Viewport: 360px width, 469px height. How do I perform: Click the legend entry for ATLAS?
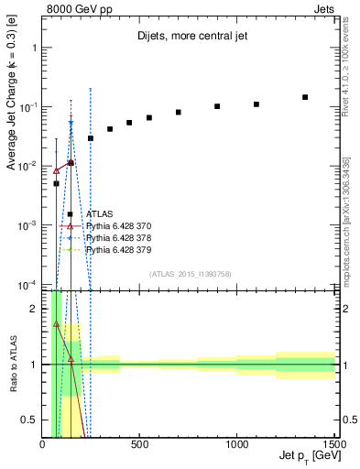tap(97, 213)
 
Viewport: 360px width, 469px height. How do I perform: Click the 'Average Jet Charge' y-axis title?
tap(12, 110)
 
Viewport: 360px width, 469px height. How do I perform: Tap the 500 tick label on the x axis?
tap(139, 445)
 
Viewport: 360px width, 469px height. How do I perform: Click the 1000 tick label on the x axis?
tap(236, 445)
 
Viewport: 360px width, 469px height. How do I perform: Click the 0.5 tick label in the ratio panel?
tap(29, 420)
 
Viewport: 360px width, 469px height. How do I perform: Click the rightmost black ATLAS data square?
tap(305, 97)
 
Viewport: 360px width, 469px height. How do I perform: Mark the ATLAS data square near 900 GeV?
tap(217, 106)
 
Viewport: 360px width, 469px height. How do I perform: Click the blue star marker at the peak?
tap(71, 123)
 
